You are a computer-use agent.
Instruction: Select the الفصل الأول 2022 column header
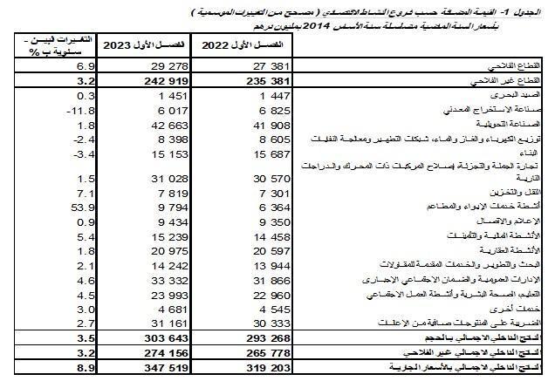[240, 44]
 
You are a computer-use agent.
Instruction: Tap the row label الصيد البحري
[518, 95]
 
